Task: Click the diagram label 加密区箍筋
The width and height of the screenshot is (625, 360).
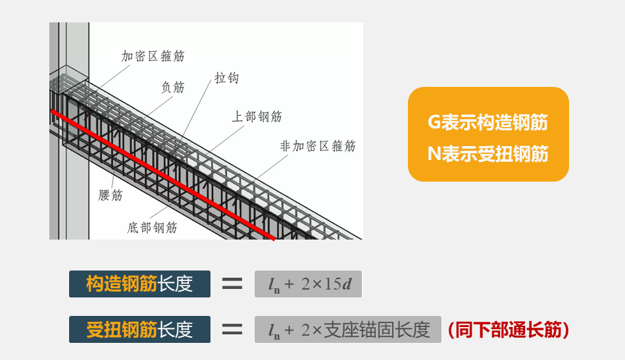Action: pos(153,56)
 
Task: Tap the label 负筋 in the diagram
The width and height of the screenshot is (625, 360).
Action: pos(173,87)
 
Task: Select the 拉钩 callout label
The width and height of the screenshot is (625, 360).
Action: pos(226,78)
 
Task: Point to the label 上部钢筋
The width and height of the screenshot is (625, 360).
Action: pos(257,116)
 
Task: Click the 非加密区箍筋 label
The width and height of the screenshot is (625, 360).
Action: pos(318,146)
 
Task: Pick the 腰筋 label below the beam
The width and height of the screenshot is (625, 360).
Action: pos(111,195)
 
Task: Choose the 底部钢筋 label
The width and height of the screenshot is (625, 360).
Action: pos(152,228)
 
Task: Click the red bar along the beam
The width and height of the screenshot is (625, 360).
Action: pos(164,175)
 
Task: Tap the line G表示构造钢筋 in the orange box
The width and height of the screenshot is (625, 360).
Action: pos(488,122)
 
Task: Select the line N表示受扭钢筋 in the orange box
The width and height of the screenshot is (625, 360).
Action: pos(488,153)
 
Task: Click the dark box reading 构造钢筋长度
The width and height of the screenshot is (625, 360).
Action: pos(139,284)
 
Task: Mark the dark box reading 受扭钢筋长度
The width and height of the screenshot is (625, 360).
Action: pos(139,329)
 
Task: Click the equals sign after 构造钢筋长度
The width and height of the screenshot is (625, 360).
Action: pos(232,284)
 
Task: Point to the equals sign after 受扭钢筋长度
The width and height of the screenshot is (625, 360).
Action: pos(232,329)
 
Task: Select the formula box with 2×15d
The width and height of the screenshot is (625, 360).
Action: pos(308,284)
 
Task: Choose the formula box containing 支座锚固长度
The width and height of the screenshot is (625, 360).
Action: pos(347,329)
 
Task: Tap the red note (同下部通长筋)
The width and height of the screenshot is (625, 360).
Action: pos(508,329)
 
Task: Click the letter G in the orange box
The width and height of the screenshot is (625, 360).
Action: pos(434,122)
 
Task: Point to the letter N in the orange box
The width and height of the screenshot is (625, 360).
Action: pos(434,153)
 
